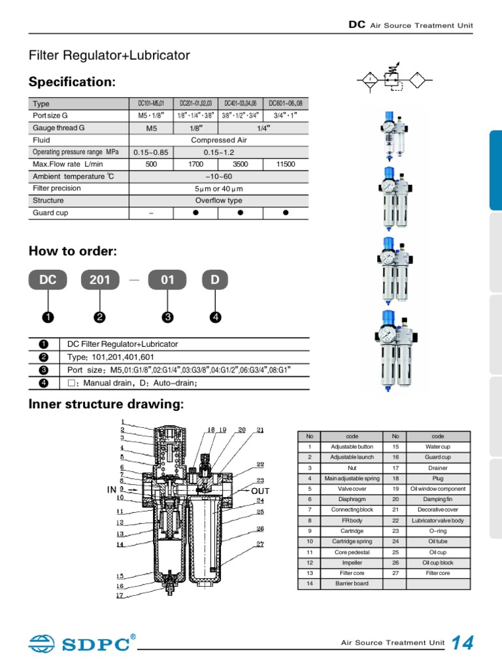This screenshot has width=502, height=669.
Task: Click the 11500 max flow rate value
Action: [x=286, y=165]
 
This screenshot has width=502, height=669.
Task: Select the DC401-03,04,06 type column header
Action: [x=240, y=103]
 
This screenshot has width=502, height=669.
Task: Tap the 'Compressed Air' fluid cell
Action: [x=218, y=140]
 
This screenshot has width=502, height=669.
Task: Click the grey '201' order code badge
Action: [x=100, y=280]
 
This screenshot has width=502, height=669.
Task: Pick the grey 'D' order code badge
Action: [x=215, y=280]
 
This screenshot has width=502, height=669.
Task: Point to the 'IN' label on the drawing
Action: [x=112, y=489]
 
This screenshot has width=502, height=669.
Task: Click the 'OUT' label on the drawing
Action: [x=260, y=491]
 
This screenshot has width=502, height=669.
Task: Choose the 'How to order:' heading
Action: [x=73, y=252]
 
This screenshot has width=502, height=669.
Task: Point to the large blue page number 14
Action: [x=462, y=643]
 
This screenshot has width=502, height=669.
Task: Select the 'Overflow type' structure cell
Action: [x=218, y=201]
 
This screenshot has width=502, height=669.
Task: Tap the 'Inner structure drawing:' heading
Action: [x=107, y=404]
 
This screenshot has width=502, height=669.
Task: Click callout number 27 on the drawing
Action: [x=260, y=544]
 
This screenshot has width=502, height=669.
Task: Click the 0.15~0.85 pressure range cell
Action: [x=151, y=152]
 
